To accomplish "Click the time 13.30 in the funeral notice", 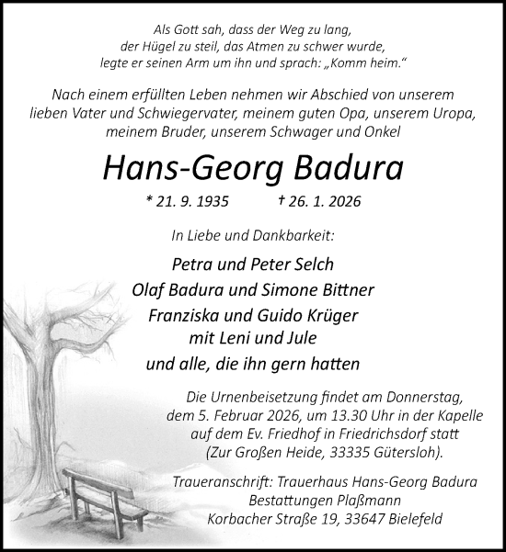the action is tap(316, 415).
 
